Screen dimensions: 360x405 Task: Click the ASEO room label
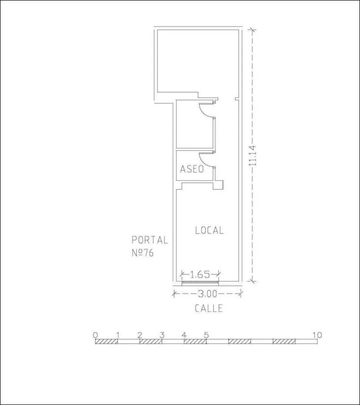click(192, 169)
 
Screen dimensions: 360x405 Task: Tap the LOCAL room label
click(209, 231)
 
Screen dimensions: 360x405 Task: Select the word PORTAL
click(150, 240)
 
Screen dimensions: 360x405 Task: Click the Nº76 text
click(143, 253)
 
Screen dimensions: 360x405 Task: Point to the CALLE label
click(209, 308)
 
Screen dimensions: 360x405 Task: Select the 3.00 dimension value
click(208, 294)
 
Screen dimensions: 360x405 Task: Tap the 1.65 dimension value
click(200, 274)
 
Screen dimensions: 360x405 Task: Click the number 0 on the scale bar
click(95, 335)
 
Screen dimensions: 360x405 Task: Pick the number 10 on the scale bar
click(317, 335)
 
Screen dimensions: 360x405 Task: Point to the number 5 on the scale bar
click(206, 335)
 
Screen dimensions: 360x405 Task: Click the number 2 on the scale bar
click(140, 335)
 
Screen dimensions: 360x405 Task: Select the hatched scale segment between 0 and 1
click(106, 342)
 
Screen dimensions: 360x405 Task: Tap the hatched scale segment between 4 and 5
click(195, 342)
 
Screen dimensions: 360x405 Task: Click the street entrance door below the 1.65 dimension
click(200, 283)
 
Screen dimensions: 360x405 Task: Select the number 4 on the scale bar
click(184, 335)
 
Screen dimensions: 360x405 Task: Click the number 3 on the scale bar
click(162, 335)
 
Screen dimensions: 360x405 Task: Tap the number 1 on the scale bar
click(118, 335)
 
